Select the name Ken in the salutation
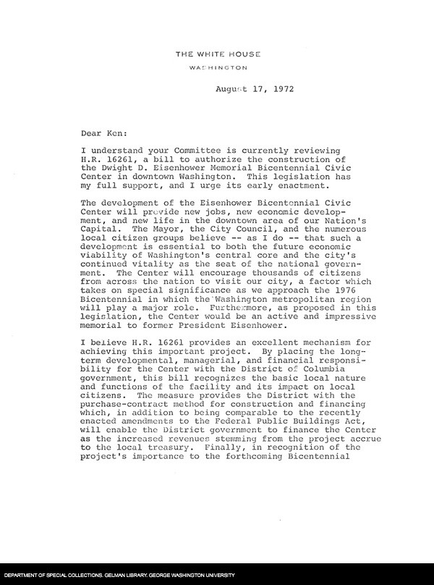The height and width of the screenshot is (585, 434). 119,133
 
